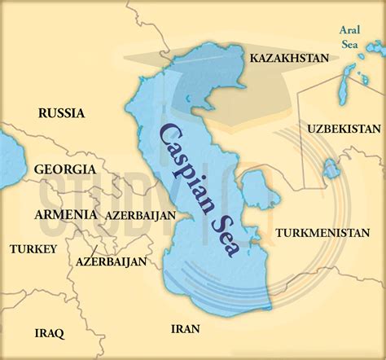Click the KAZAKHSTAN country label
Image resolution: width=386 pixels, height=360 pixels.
point(289,59)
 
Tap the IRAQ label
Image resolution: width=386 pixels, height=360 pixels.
point(50,332)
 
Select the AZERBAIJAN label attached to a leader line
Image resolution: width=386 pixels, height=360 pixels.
point(111,262)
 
